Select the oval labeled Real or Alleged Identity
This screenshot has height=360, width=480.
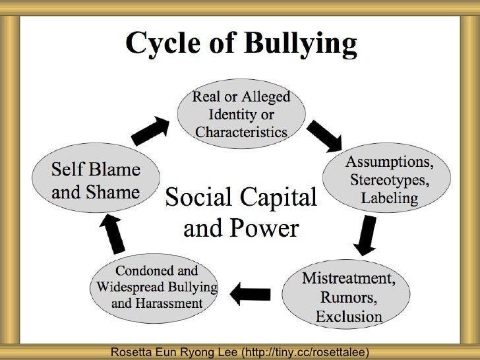tap(241, 114)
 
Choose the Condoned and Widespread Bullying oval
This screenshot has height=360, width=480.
tap(157, 287)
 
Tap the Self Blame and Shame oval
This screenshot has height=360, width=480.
tap(96, 181)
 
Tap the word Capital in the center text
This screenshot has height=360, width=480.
tap(277, 196)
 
